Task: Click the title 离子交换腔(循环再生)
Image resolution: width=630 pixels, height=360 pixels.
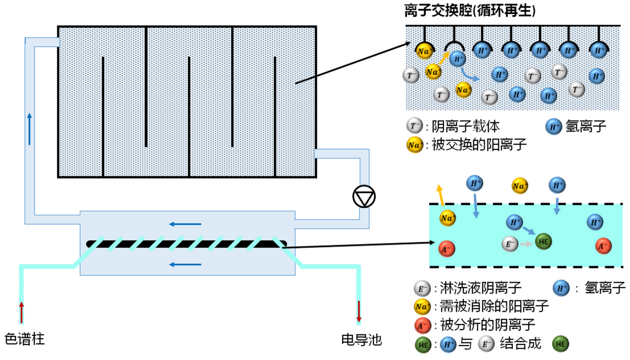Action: coord(470,11)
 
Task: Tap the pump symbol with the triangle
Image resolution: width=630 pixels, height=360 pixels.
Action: coord(364,197)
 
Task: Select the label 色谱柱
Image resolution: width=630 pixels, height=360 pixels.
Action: coord(24,339)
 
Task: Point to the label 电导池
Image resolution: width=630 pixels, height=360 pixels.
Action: coord(361,340)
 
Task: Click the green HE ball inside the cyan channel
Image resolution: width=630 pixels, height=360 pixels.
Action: coord(543,242)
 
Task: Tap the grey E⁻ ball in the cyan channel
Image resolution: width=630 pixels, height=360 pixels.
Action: coord(510,244)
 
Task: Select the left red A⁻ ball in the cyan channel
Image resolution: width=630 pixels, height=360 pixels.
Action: coord(447,249)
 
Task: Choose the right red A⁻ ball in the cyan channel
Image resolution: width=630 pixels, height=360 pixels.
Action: coord(603,246)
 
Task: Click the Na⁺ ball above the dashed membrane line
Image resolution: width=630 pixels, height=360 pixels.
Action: coord(519,186)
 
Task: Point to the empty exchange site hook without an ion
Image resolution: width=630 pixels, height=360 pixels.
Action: coord(454,46)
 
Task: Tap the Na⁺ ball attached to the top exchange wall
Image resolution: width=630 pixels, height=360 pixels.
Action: coord(424,51)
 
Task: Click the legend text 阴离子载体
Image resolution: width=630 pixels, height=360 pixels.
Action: coord(465,126)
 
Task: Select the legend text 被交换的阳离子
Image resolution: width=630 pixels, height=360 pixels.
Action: coord(479,145)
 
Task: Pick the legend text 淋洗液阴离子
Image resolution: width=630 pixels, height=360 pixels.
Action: coord(480,288)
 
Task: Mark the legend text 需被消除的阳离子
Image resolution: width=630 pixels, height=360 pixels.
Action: coord(494,306)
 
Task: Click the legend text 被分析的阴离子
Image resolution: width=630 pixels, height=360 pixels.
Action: coord(487,325)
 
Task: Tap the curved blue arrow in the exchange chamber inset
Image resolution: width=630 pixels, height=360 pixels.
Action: coord(469,75)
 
